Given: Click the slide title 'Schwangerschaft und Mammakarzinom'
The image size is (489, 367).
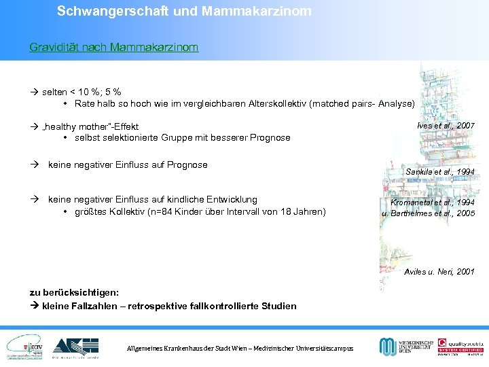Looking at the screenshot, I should pos(184,12).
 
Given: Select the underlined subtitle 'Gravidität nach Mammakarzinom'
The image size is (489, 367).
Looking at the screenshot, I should pos(114,48).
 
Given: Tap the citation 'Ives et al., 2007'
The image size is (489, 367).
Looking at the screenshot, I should pos(444,126).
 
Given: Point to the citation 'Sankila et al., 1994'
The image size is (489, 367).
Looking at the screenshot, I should pos(440,172).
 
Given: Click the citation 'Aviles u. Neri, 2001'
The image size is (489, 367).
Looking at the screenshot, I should pos(439,272).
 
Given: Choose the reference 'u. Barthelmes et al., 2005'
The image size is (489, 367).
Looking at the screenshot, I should pos(429,213).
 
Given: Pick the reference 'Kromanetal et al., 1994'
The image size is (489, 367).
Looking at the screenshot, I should pos(432,203).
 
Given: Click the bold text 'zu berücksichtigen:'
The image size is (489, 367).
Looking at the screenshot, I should pos(75,292).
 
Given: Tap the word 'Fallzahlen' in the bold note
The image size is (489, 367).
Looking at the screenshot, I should pos(94,306).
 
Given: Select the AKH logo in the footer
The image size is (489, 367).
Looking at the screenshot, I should pos(75,347).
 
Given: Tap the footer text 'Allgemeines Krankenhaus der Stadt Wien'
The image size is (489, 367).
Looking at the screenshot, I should pos(185,349).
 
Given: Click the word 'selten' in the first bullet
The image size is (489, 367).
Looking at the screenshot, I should pos(54,92).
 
